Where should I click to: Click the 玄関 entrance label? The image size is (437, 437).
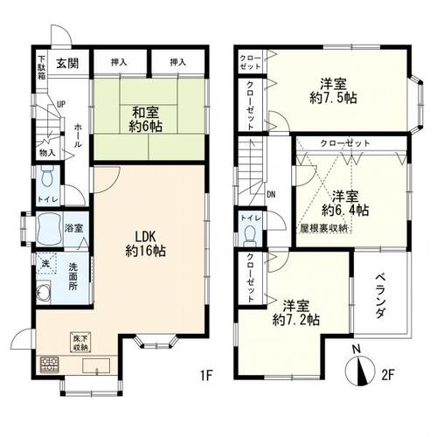point(68,62)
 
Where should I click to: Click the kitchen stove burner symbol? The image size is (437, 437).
point(48,363)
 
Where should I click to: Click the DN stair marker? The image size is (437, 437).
point(271,195)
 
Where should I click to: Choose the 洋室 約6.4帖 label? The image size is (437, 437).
point(350,203)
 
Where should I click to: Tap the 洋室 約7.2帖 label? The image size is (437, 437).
point(300,313)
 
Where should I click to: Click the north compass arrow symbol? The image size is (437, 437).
point(362,374)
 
